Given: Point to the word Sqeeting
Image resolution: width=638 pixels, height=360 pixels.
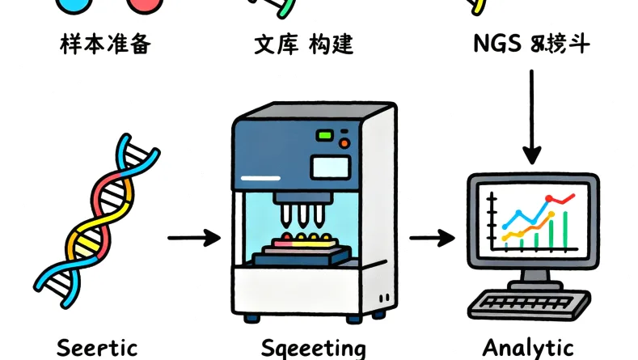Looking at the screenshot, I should click(x=313, y=349).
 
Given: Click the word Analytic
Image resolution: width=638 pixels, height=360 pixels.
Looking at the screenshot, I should click(x=528, y=348).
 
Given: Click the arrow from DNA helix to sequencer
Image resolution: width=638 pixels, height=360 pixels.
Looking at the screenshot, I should click(x=193, y=238).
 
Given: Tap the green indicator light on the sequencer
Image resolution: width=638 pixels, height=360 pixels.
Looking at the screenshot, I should click(x=326, y=135).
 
